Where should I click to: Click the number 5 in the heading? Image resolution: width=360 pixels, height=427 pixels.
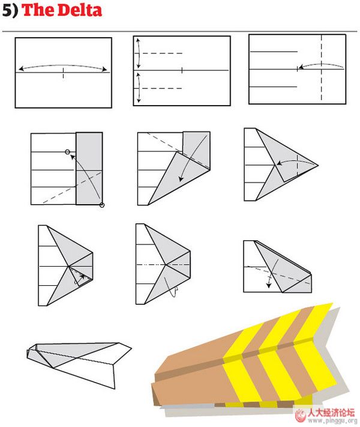(7, 11)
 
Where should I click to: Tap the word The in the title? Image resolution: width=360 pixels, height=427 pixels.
(38, 10)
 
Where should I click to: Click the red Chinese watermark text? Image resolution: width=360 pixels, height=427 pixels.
(331, 413)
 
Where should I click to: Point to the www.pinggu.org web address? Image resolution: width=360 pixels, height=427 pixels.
(332, 421)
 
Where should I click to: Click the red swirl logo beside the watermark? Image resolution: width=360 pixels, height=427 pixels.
(301, 416)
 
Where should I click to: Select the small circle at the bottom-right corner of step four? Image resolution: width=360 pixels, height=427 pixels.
(102, 205)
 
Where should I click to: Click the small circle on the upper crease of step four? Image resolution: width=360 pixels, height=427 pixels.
(67, 152)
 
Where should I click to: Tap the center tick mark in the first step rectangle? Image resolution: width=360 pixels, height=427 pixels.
(64, 73)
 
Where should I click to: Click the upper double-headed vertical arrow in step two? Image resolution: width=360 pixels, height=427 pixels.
(139, 53)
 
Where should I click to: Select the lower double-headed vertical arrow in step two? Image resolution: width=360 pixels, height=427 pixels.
(139, 88)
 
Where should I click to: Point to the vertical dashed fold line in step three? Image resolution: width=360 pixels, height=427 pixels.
(322, 68)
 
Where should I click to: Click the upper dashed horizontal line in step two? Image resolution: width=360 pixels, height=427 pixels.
(163, 53)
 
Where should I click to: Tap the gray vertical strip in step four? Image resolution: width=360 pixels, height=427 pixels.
(89, 168)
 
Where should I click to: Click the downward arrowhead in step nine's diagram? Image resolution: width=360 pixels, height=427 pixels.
(269, 285)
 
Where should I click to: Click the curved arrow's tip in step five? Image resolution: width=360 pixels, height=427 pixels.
(181, 180)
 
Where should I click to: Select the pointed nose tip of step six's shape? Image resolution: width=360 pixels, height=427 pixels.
(318, 165)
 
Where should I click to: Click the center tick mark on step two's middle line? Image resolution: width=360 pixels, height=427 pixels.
(182, 70)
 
